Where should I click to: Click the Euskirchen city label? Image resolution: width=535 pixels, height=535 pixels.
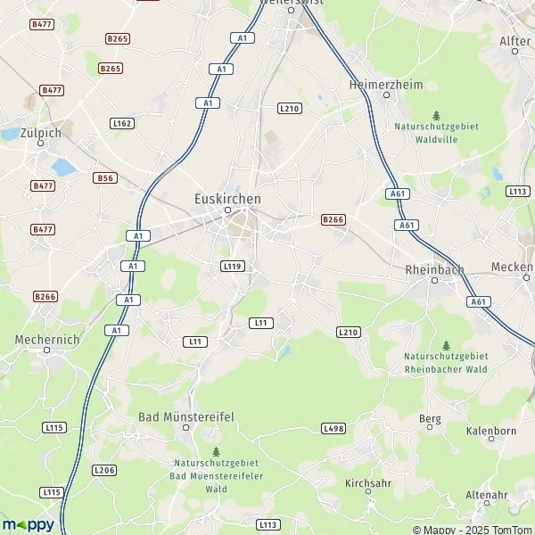tap(227, 198)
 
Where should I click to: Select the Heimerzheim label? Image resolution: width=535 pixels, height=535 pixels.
tap(384, 85)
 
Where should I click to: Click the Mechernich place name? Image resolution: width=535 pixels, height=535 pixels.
tap(47, 339)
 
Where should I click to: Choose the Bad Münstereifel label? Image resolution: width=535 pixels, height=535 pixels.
tap(185, 416)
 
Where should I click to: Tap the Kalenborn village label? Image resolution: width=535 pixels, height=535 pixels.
tap(491, 431)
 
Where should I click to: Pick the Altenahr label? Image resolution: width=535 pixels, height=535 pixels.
tap(486, 495)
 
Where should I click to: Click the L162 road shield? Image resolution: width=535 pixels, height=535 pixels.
tap(122, 123)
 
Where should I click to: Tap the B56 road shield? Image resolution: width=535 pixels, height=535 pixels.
tap(104, 178)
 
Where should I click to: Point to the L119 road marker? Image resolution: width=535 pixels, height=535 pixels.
tap(232, 266)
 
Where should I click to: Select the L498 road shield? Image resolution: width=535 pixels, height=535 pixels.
tap(333, 429)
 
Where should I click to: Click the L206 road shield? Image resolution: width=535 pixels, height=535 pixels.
tap(104, 470)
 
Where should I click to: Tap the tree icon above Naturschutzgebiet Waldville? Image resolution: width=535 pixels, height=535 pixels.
tap(436, 115)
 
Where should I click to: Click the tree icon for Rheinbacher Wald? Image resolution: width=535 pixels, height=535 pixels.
tap(446, 345)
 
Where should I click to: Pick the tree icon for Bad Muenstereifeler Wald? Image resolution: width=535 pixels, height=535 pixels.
tap(216, 451)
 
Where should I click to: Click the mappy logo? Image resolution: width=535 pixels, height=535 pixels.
tap(28, 523)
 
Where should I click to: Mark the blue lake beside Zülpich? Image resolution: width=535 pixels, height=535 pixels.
tap(63, 167)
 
